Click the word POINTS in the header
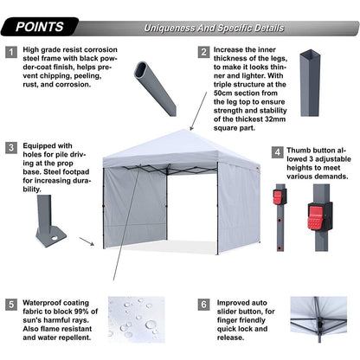coord(38,27)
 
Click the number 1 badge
coord(11,52)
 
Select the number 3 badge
coord(11,147)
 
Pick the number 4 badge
coord(277,153)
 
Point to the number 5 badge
coord(11,305)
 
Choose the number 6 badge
coord(203,305)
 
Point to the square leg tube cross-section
coord(311,78)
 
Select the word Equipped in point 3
coord(45,145)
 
